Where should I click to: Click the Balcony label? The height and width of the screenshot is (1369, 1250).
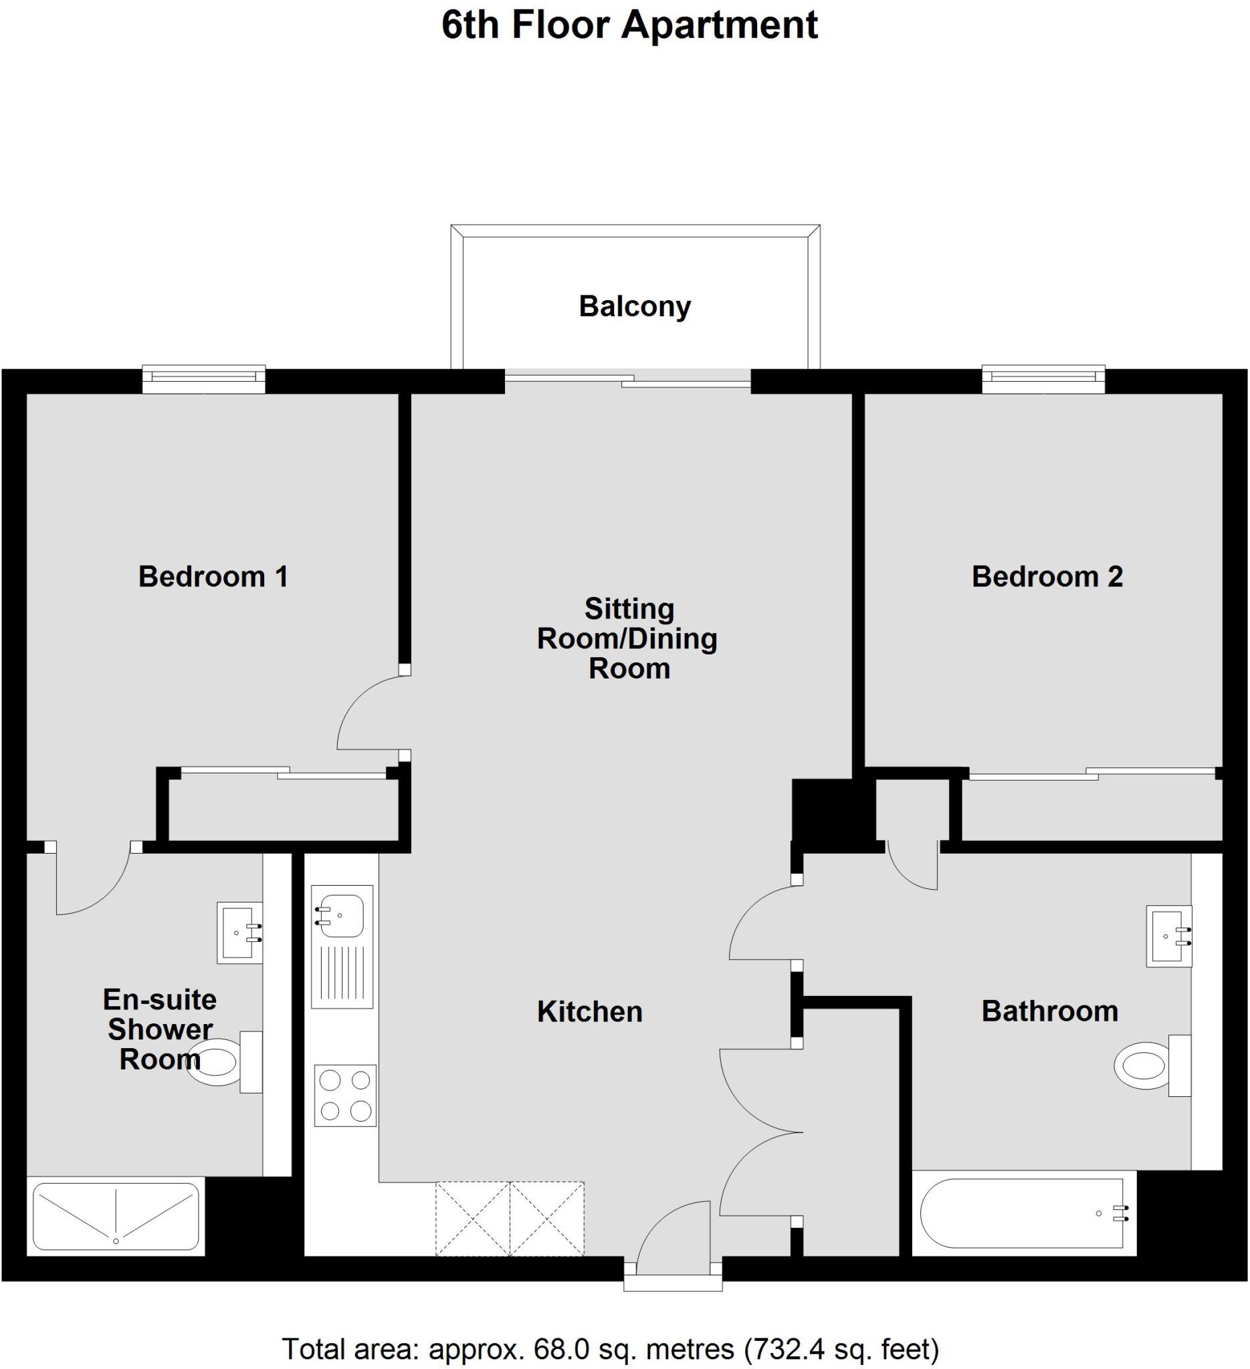coord(635,306)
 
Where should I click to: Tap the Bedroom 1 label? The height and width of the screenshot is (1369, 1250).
coord(213,576)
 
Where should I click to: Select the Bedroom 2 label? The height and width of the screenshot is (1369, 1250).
coord(1047,576)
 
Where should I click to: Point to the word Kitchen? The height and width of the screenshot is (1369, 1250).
coord(590,1012)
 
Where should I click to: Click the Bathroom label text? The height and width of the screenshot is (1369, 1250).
coord(1049,1011)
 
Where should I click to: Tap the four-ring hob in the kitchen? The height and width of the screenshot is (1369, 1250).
coord(345,1096)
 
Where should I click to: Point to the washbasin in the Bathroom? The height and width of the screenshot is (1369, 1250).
coord(1168,936)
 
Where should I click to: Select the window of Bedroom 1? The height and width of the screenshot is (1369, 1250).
coord(204,379)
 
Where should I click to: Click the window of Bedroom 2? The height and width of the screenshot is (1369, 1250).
coord(1043,379)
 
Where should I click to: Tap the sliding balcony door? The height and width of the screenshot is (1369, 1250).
coord(628,380)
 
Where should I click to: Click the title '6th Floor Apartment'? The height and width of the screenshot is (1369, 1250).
coord(630,26)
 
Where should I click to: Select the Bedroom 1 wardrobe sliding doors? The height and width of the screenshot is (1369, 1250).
coord(284,772)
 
